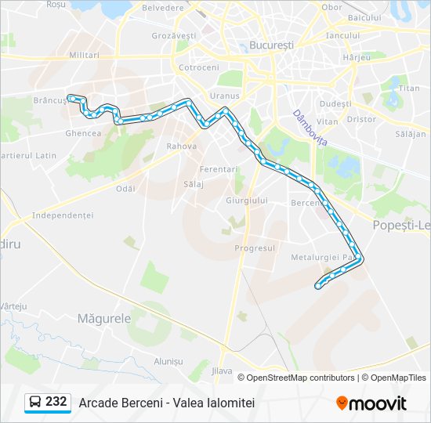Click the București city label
point(270,45)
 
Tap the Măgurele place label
point(104,319)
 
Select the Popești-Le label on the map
point(404,226)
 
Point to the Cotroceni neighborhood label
point(199,68)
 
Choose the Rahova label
point(180,146)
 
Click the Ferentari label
point(218,169)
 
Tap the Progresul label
point(255,248)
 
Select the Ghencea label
point(84,133)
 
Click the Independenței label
point(63,215)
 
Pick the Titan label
point(409,89)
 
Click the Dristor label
point(361,120)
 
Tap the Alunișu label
point(168,361)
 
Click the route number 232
point(56,402)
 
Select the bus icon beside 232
point(35,403)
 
